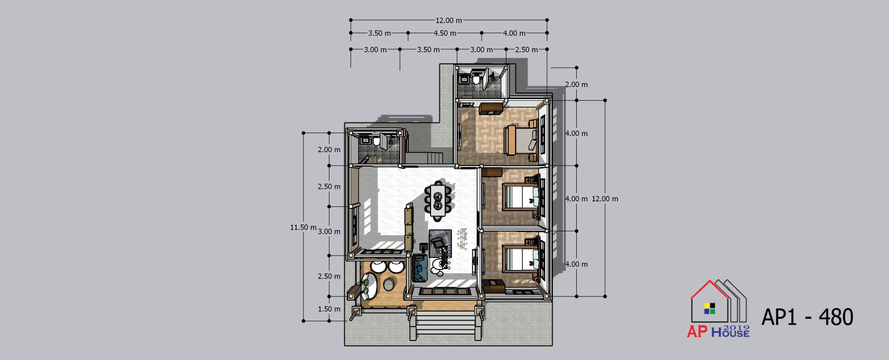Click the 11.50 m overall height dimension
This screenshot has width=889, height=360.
[x=303, y=227]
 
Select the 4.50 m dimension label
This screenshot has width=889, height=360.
[x=445, y=33]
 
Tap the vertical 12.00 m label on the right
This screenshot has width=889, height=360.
[x=605, y=199]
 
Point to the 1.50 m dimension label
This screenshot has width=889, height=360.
[x=329, y=309]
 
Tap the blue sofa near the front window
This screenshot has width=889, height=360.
[x=420, y=267]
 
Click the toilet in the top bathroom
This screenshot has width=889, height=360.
[x=477, y=77]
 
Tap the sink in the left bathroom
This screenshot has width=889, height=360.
[x=366, y=140]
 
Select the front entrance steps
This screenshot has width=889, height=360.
[x=445, y=322]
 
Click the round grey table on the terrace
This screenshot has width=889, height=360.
[x=389, y=284]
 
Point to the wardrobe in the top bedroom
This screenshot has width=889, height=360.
[x=491, y=109]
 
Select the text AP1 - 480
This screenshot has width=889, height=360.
[x=807, y=317]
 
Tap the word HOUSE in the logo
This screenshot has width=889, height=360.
[x=730, y=332]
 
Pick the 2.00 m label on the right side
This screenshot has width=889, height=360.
[x=576, y=84]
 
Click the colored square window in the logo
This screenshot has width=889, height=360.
[x=710, y=309]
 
